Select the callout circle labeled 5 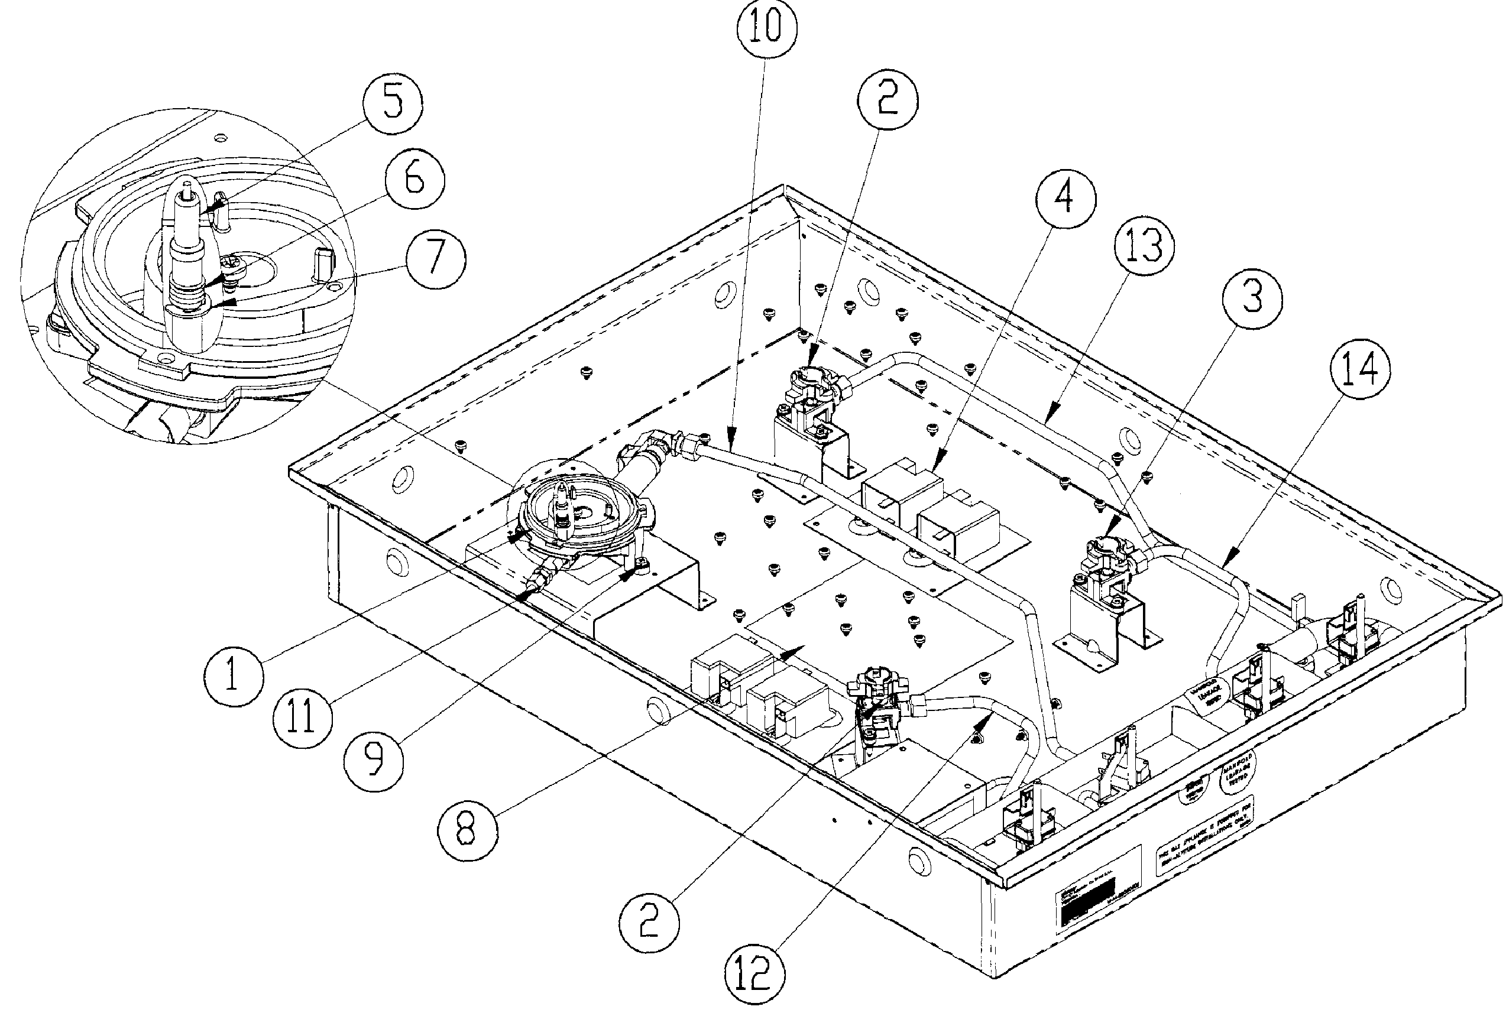392,104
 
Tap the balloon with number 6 414,180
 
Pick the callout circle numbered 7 435,258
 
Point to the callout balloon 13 1144,247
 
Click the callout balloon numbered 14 1359,372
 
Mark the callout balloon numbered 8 467,831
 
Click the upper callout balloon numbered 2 887,102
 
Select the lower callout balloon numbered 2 649,923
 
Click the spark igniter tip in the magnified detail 187,190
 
